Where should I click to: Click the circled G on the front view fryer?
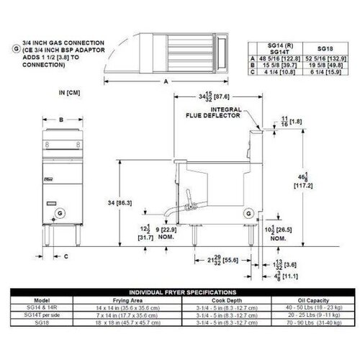(x=59, y=212)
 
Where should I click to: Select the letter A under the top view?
(x=166, y=82)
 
